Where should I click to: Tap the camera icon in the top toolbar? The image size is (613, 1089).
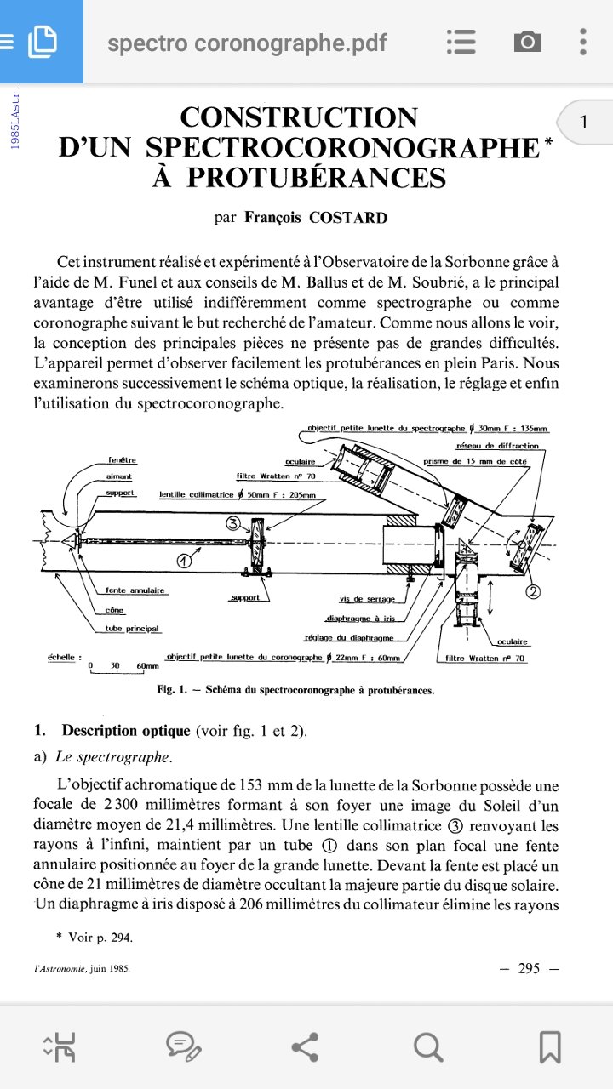pos(527,41)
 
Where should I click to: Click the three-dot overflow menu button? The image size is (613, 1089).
pos(583,41)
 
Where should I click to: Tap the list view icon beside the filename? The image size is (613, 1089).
pos(461,41)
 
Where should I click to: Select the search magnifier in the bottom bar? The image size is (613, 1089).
pos(427,1046)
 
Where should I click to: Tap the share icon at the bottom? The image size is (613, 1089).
pos(305,1046)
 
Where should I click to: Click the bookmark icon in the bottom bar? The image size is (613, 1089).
pos(550,1046)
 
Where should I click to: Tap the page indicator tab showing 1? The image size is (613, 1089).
pos(583,123)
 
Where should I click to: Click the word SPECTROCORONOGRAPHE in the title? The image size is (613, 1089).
pos(342,147)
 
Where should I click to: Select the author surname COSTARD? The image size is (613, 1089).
pos(347,217)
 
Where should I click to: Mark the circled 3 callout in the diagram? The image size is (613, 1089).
pos(234,524)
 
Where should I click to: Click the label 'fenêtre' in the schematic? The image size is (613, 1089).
pos(123,460)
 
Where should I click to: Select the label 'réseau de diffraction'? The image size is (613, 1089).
pos(497,446)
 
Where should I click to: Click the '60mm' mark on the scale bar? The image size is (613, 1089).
pos(147,665)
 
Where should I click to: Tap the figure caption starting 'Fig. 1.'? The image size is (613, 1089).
pos(296,690)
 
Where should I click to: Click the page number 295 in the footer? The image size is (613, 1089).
pos(529,968)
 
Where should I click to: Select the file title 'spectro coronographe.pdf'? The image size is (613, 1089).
pos(247,43)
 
